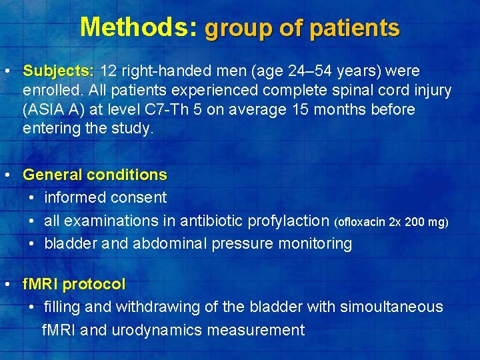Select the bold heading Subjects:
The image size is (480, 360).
[59, 71]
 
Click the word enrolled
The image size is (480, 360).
[50, 90]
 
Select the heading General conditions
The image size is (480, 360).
[95, 175]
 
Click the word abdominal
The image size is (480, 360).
[170, 243]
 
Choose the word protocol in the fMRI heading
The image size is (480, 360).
[94, 284]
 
